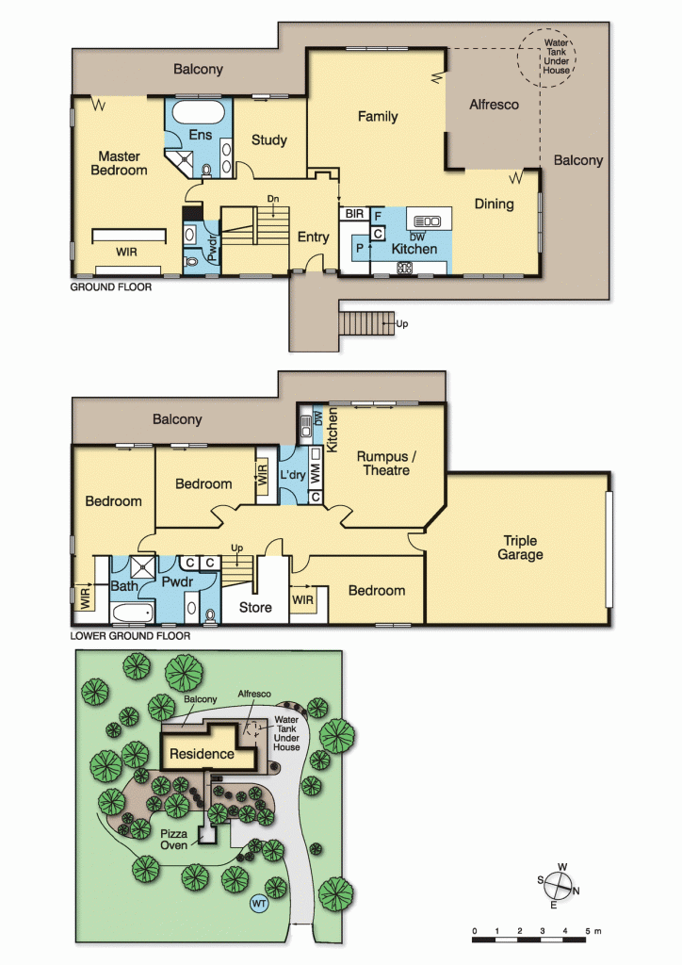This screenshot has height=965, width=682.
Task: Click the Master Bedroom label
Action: [x=120, y=163]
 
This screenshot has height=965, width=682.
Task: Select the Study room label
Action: [x=269, y=140]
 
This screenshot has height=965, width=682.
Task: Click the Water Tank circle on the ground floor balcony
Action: [x=545, y=57]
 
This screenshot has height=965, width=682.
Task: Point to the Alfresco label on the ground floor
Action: [x=494, y=105]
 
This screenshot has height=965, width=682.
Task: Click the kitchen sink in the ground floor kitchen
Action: [x=427, y=221]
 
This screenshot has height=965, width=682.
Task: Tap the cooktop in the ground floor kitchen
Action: [x=405, y=267]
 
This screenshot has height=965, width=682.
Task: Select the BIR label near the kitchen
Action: [x=354, y=214]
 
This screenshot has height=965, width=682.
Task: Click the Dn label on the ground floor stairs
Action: [x=273, y=199]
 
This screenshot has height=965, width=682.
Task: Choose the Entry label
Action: [x=314, y=237]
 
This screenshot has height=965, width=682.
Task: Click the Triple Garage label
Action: [x=520, y=548]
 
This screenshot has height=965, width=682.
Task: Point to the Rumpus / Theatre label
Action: [x=386, y=464]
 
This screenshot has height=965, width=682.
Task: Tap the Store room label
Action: [x=255, y=608]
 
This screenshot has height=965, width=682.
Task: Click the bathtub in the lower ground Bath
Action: [x=133, y=613]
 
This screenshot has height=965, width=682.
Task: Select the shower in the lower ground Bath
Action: [x=143, y=567]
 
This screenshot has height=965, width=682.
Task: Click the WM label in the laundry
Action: [x=316, y=473]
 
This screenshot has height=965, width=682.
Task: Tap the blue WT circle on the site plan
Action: [x=259, y=904]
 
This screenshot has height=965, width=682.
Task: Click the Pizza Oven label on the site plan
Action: [x=174, y=840]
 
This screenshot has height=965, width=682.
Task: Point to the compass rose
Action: [x=559, y=886]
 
